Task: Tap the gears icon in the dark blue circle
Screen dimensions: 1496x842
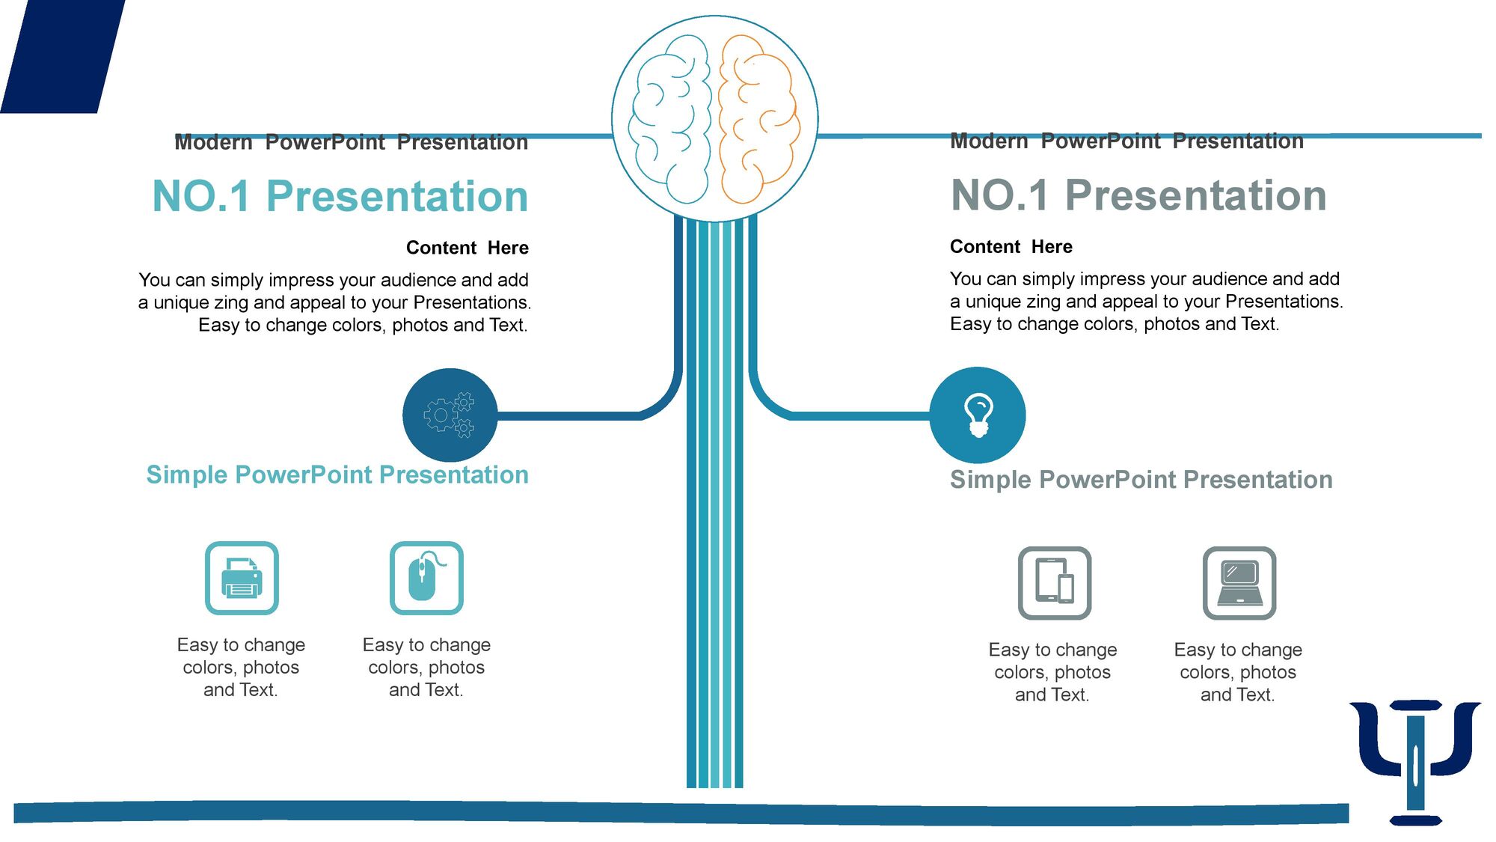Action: (450, 415)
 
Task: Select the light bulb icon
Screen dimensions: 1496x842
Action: (978, 415)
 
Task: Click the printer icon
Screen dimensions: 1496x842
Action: (242, 579)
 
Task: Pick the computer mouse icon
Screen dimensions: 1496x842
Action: (426, 579)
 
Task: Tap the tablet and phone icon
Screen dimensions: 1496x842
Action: (1055, 583)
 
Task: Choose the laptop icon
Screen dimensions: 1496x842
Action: (1239, 583)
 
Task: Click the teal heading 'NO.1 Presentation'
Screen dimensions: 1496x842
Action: (340, 196)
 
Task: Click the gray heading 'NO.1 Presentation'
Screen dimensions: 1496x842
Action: (1138, 195)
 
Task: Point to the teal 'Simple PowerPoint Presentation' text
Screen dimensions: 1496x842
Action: (337, 475)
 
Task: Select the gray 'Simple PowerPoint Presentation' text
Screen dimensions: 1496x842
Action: (1141, 480)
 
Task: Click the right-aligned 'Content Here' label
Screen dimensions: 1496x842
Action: (467, 248)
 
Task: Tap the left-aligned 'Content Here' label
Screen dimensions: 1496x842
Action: (1011, 247)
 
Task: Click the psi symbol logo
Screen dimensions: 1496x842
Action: (1415, 763)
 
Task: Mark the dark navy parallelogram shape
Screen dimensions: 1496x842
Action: (63, 56)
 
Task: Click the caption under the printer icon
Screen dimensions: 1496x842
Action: (241, 668)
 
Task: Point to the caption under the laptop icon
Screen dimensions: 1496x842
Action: (1238, 673)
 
